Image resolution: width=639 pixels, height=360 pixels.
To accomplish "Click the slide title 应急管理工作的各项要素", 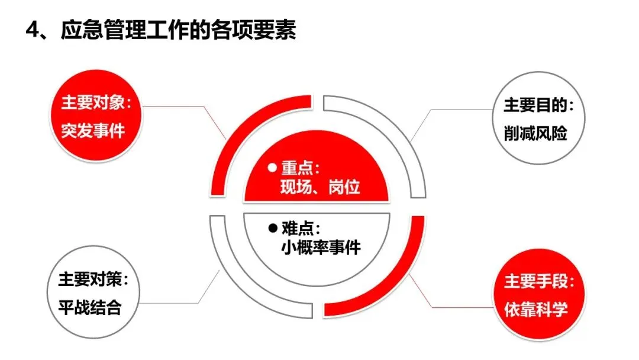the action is pyautogui.click(x=177, y=31).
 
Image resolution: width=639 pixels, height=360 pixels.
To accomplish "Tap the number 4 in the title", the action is pyautogui.click(x=32, y=31).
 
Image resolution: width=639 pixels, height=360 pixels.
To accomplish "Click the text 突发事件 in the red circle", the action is pyautogui.click(x=93, y=130).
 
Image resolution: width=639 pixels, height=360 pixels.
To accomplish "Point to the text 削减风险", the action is pyautogui.click(x=531, y=134).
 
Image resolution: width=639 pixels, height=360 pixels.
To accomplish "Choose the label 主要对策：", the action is pyautogui.click(x=93, y=280).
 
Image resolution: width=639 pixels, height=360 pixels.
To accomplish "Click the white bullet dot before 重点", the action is pyautogui.click(x=272, y=167).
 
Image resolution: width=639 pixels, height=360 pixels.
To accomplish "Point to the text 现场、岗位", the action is pyautogui.click(x=320, y=188).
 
